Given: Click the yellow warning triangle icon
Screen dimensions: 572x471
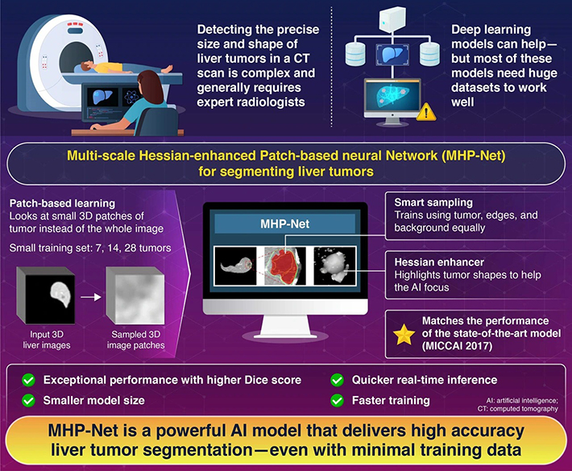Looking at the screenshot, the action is point(426,112).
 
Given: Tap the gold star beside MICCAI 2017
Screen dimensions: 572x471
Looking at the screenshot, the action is point(404,335).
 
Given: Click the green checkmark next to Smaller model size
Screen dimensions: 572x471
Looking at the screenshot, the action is point(28,401).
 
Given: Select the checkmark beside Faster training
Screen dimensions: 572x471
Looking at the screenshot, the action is point(337,401).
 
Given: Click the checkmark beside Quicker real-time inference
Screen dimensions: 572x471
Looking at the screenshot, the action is point(337,380).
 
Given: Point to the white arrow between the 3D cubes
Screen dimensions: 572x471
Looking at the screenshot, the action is point(91,298).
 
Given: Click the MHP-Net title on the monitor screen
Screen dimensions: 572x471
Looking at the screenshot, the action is point(285,224).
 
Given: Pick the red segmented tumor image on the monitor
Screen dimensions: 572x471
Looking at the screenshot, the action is point(285,266).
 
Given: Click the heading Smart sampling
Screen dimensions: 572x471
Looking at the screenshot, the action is point(433,202).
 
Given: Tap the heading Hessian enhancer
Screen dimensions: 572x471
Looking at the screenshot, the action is point(439,262).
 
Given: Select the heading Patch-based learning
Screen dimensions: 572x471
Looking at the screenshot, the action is point(62,203).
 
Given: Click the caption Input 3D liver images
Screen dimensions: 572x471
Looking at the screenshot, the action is point(47,340).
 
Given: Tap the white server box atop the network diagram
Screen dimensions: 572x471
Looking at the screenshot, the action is point(392,19).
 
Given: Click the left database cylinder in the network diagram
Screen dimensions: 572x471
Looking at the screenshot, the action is point(355,54).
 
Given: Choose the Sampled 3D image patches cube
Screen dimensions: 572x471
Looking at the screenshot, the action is point(135,296).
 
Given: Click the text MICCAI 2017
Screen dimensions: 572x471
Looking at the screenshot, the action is point(458,346).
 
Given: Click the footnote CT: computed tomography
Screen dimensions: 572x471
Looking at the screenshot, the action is point(518,409).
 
